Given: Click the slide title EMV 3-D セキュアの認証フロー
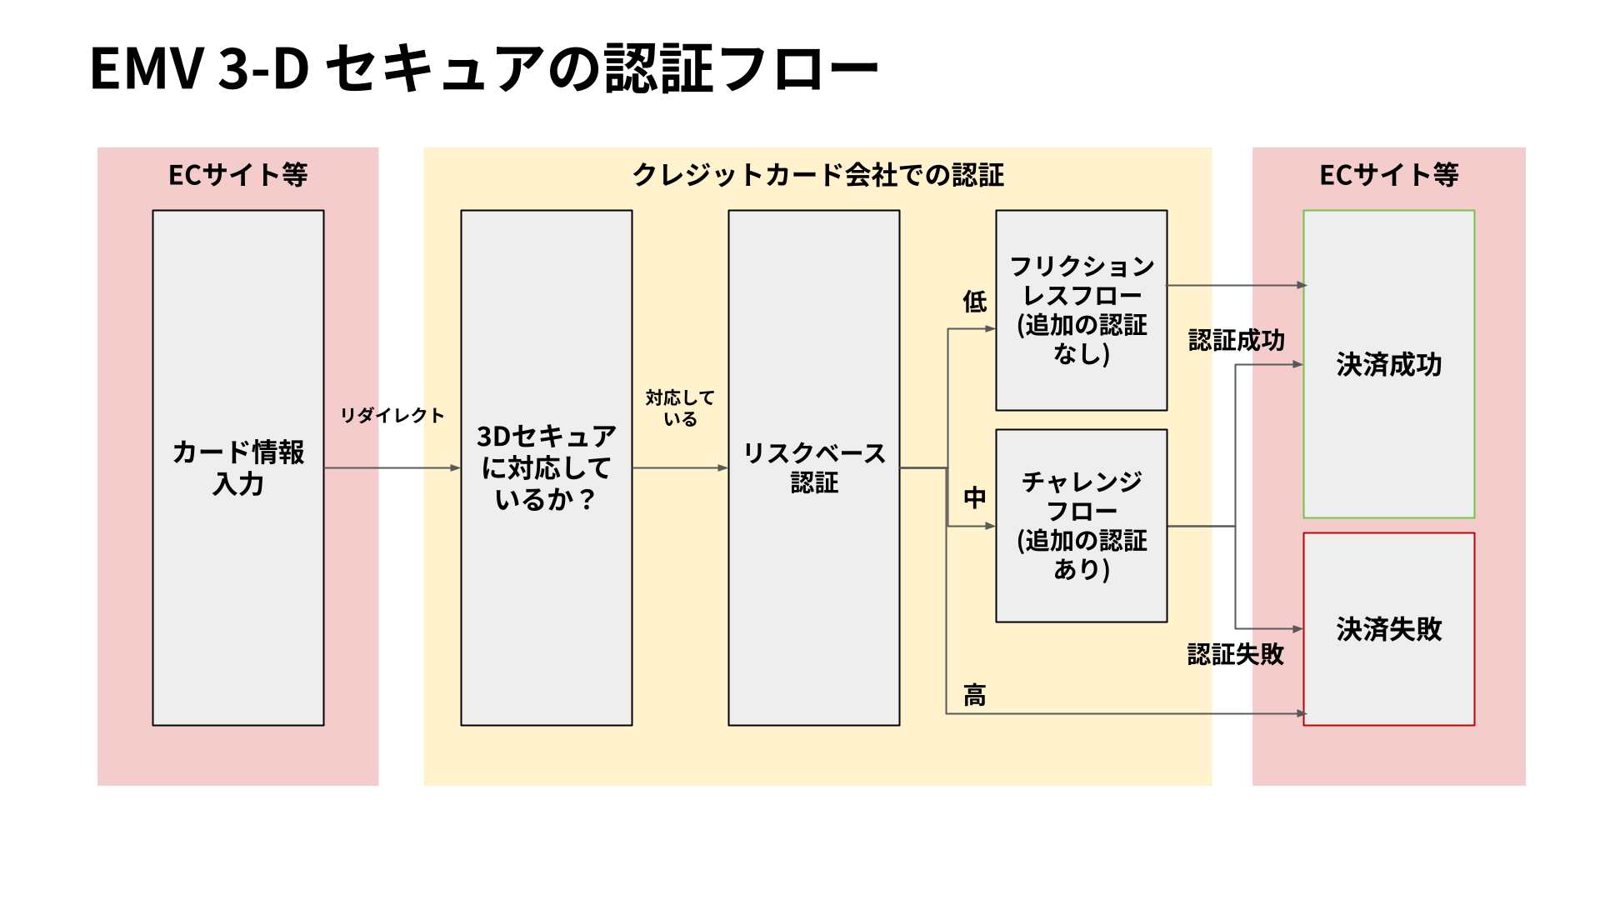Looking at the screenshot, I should pyautogui.click(x=483, y=68).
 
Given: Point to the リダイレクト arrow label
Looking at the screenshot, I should pyautogui.click(x=392, y=415).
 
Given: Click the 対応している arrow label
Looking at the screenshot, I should pyautogui.click(x=680, y=408).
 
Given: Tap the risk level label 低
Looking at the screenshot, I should pyautogui.click(x=974, y=302).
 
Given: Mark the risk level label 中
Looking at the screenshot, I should pyautogui.click(x=974, y=498).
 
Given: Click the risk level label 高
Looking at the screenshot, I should pyautogui.click(x=974, y=695).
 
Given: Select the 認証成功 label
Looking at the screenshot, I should pyautogui.click(x=1237, y=340).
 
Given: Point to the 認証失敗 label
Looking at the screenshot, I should pyautogui.click(x=1236, y=654).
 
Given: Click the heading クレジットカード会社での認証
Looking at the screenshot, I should pyautogui.click(x=817, y=175).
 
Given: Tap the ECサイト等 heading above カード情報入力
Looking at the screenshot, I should pyautogui.click(x=238, y=175).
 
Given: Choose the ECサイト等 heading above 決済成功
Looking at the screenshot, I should pyautogui.click(x=1388, y=175).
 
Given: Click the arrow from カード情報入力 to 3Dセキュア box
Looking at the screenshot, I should pyautogui.click(x=392, y=468).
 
